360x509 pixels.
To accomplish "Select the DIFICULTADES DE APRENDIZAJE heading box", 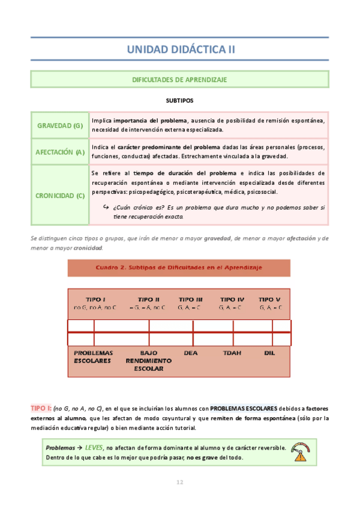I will tap(179, 79).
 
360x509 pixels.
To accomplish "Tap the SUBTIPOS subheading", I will tap(179, 100).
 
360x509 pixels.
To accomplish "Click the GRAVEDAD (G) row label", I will tap(59, 125).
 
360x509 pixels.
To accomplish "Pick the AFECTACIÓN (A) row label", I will tap(59, 152).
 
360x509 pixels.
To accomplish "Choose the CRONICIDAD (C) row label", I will tap(59, 195).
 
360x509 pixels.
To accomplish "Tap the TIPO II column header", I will tap(148, 299).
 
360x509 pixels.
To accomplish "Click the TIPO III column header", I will tap(191, 299).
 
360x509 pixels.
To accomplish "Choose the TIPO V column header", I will tap(269, 299).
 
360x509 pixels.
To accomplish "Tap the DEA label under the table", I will tap(191, 354).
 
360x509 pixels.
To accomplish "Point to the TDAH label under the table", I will tap(232, 354).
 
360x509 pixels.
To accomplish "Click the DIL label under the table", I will tap(269, 354).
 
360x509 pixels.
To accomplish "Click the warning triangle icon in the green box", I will tap(299, 455).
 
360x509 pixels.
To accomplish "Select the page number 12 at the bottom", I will tap(179, 482).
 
